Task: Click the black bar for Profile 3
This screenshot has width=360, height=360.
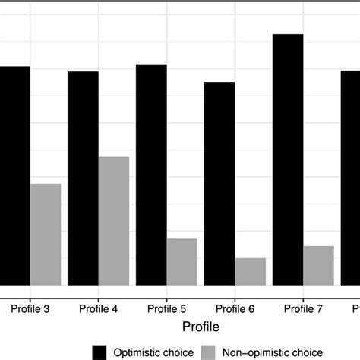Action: point(15,175)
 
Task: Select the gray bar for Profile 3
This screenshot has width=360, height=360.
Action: point(46,234)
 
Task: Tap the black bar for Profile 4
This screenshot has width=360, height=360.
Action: point(83,178)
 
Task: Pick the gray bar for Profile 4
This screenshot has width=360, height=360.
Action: point(114,220)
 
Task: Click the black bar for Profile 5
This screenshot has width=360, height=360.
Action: point(151,175)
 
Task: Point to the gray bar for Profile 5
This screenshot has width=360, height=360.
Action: point(182,261)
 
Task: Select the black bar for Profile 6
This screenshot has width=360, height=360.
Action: point(219,183)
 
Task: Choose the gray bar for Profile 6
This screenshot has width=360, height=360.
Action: point(251,271)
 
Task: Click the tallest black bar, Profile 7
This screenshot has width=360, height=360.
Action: point(288,159)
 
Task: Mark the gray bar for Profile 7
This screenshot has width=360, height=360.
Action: point(319,265)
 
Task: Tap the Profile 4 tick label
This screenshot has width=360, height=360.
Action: point(99,309)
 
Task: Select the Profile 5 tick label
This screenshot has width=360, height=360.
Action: point(167,309)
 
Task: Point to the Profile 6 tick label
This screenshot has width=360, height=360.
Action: point(235,309)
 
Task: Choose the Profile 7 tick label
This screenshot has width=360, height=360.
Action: point(304,309)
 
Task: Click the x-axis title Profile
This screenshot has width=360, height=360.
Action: point(201,327)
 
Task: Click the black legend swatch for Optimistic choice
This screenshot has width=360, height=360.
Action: point(99,352)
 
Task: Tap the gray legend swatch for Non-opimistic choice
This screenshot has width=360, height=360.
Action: point(208,352)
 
